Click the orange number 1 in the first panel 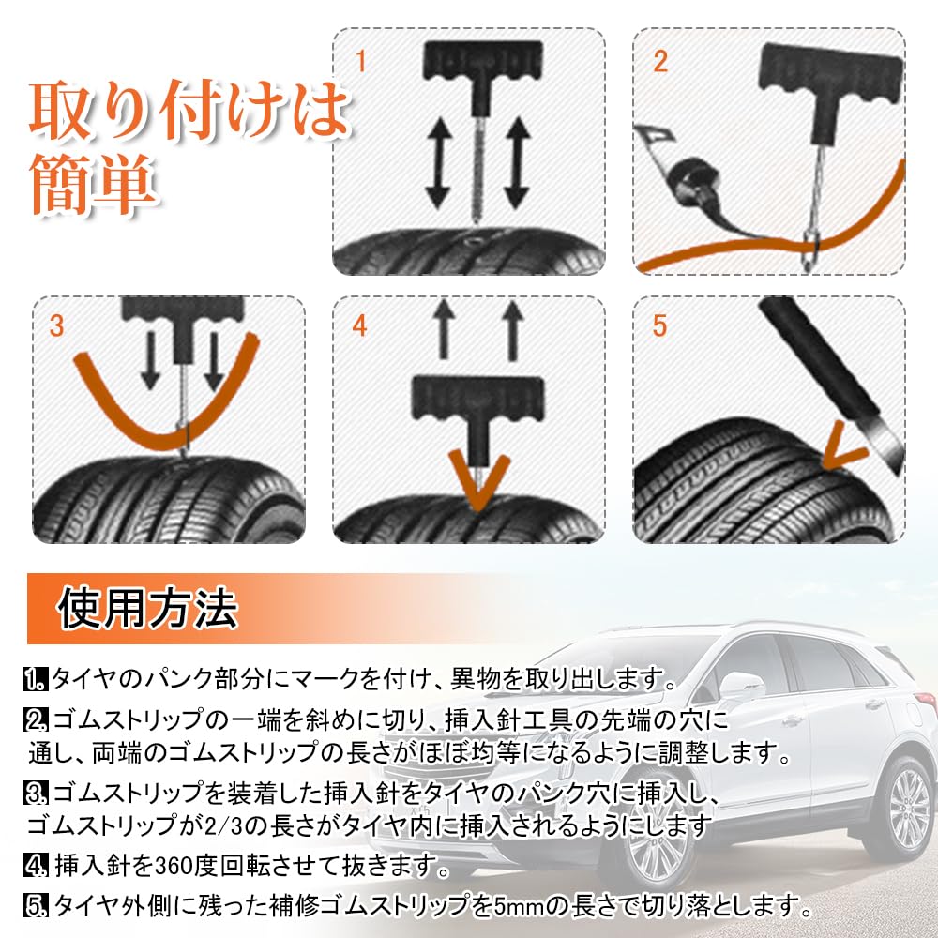click(x=361, y=62)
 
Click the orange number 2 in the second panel click(x=660, y=62)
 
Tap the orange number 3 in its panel click(x=57, y=326)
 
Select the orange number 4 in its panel click(x=360, y=326)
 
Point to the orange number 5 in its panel click(x=660, y=326)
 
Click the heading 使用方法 click(x=148, y=610)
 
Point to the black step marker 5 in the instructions click(x=36, y=906)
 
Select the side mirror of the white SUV click(x=740, y=687)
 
